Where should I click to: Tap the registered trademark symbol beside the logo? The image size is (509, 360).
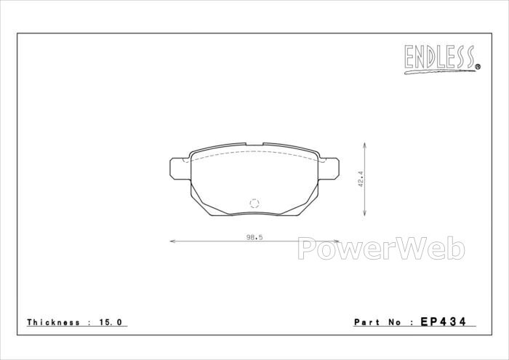pos(478,67)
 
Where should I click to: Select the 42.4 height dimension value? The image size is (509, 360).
pos(361,179)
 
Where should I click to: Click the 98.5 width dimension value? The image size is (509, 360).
pos(254,237)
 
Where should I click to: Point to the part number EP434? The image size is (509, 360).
pos(443,321)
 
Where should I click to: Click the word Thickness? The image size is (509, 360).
pos(54,322)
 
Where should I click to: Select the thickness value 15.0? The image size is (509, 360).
pos(110,322)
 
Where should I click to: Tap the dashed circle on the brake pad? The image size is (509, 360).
pos(254,203)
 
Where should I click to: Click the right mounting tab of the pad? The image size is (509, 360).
pos(329,169)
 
